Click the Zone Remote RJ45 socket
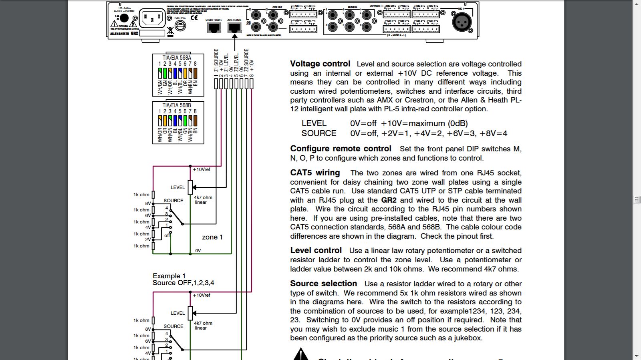pyautogui.click(x=234, y=28)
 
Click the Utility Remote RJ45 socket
pyautogui.click(x=214, y=28)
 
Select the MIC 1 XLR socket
pyautogui.click(x=462, y=22)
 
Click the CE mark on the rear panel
pyautogui.click(x=194, y=18)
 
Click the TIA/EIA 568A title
pyautogui.click(x=177, y=58)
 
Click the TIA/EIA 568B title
pyautogui.click(x=177, y=105)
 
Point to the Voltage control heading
pyautogui.click(x=320, y=64)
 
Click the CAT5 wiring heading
pyautogui.click(x=315, y=173)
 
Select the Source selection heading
pyautogui.click(x=323, y=284)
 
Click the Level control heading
pyautogui.click(x=316, y=250)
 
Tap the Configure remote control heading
pyautogui.click(x=341, y=149)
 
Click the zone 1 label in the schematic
pyautogui.click(x=212, y=237)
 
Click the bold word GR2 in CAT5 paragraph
pyautogui.click(x=389, y=200)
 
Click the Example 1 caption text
pyautogui.click(x=169, y=276)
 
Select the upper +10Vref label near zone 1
pyautogui.click(x=202, y=169)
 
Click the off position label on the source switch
pyautogui.click(x=167, y=235)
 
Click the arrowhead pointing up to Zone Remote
pyautogui.click(x=234, y=36)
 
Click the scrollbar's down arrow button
pyautogui.click(x=637, y=356)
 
